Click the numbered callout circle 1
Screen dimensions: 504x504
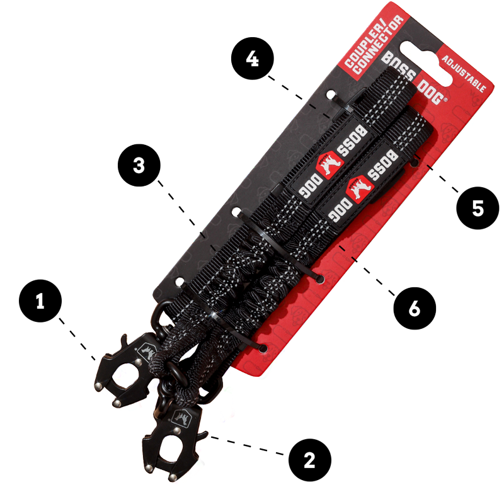[x=40, y=301]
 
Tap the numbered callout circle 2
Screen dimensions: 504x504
[x=309, y=461]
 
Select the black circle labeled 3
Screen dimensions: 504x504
[x=139, y=165]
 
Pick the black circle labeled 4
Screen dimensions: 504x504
[x=253, y=59]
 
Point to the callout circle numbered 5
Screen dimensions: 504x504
[x=478, y=208]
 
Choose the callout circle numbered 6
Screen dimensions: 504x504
[x=415, y=308]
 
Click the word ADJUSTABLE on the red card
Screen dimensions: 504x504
[x=464, y=74]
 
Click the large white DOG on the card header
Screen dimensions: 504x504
[x=432, y=93]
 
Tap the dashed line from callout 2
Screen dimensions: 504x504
[x=246, y=445]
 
